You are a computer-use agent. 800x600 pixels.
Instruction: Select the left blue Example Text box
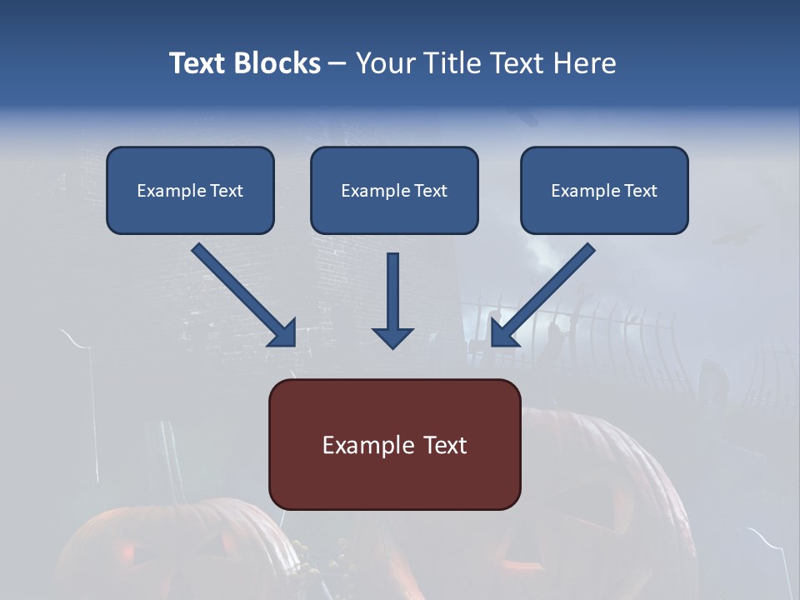190,190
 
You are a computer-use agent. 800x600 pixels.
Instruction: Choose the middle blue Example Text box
394,190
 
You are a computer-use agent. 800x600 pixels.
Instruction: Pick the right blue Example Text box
604,190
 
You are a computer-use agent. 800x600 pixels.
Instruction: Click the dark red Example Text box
394,444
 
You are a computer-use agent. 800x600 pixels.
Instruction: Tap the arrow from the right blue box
546,292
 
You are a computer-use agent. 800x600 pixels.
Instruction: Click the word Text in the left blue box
227,191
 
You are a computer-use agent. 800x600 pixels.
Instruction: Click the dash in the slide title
337,64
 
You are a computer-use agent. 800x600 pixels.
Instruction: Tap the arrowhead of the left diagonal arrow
283,332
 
